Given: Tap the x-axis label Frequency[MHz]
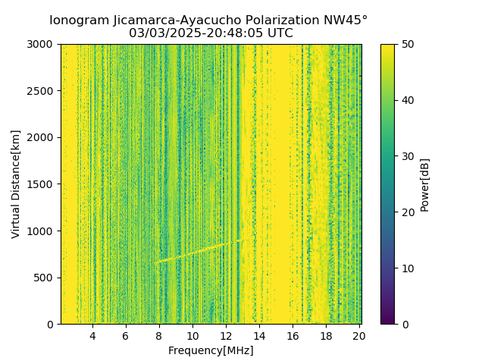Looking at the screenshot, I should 211,350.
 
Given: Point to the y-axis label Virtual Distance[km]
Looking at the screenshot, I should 16,184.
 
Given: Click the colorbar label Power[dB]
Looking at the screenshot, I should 425,184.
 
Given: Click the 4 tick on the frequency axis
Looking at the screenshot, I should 92,336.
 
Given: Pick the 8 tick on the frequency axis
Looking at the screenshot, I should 159,336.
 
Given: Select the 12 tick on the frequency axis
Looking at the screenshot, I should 226,336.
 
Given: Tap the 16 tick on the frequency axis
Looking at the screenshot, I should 293,336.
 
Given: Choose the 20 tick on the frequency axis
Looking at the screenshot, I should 359,336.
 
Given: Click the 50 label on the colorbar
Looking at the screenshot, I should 408,44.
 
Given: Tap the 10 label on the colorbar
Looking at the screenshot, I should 408,268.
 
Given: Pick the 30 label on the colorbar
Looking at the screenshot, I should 408,156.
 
